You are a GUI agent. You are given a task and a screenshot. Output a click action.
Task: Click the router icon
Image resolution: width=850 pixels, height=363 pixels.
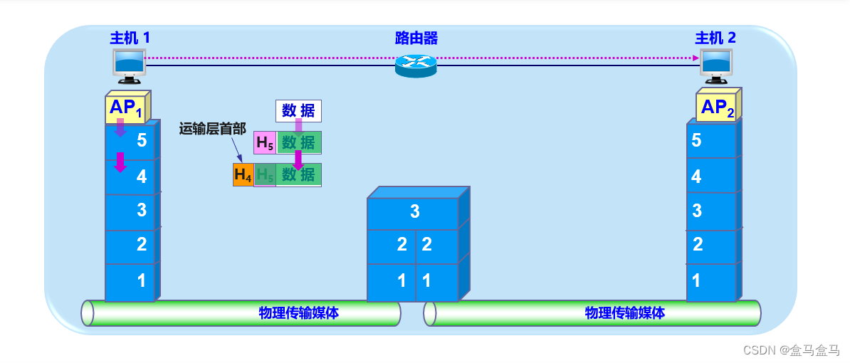pos(415,65)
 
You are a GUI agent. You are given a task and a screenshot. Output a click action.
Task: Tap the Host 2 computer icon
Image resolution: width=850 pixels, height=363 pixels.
pos(716,63)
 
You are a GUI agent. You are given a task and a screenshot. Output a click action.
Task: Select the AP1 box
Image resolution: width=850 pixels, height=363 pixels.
pos(125,108)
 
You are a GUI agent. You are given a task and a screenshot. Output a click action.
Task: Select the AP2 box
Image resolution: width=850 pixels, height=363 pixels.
pos(715,108)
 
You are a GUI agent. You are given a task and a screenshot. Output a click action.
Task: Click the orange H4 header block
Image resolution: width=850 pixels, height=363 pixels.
pos(243,174)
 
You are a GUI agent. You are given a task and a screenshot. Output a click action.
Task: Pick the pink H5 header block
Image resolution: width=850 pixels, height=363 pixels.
pos(264,142)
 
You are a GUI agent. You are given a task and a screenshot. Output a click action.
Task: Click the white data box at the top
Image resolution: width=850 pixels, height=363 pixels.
pos(298,110)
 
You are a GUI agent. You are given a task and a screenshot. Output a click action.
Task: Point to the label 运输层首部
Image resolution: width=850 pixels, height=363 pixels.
pos(212,129)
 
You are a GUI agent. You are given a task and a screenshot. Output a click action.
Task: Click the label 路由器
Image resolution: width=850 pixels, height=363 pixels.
pos(416,38)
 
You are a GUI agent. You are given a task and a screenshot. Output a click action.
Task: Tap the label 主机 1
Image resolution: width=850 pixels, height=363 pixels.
pos(130,38)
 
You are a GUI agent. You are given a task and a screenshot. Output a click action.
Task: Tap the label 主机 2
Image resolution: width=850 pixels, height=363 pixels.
pos(715,38)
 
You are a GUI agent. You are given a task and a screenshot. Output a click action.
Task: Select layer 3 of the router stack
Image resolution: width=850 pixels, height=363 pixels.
pos(414,211)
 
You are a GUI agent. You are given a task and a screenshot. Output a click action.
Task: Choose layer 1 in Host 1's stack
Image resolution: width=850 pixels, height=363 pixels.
pos(130,281)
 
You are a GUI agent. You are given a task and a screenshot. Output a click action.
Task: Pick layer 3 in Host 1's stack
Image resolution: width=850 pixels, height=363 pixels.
pos(130,211)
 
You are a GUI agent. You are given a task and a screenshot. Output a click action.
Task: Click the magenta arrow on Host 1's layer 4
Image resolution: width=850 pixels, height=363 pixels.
pos(120,162)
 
